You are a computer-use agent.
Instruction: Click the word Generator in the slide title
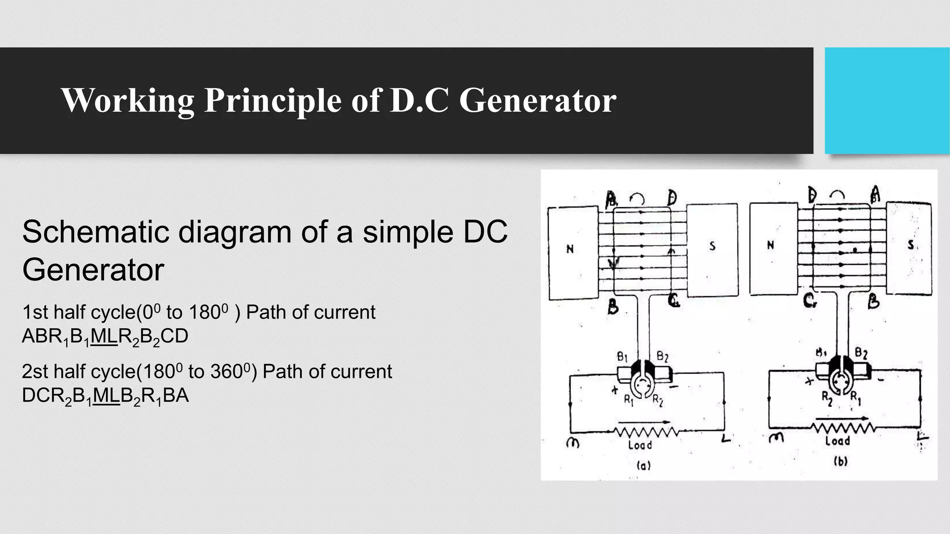click(x=538, y=100)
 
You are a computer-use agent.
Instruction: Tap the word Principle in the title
click(x=273, y=100)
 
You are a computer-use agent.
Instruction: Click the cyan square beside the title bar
click(x=887, y=101)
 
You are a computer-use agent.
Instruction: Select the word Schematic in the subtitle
click(x=95, y=232)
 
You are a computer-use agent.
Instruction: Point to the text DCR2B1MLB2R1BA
click(x=105, y=396)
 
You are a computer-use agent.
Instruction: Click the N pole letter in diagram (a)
click(x=570, y=249)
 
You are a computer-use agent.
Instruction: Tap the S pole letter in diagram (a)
click(x=712, y=246)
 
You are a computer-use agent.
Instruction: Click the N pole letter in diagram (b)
click(x=770, y=245)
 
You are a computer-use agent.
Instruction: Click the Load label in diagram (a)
click(x=640, y=445)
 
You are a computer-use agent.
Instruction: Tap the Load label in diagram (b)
click(x=837, y=440)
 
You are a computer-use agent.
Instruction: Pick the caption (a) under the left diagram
click(x=643, y=465)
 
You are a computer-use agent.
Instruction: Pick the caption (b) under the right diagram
click(x=840, y=462)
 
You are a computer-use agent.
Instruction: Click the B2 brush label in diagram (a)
click(x=662, y=357)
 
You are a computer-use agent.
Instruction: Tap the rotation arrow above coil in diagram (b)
click(x=837, y=197)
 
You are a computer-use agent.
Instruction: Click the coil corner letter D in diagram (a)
click(x=672, y=198)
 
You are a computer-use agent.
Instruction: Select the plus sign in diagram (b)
click(x=810, y=381)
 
